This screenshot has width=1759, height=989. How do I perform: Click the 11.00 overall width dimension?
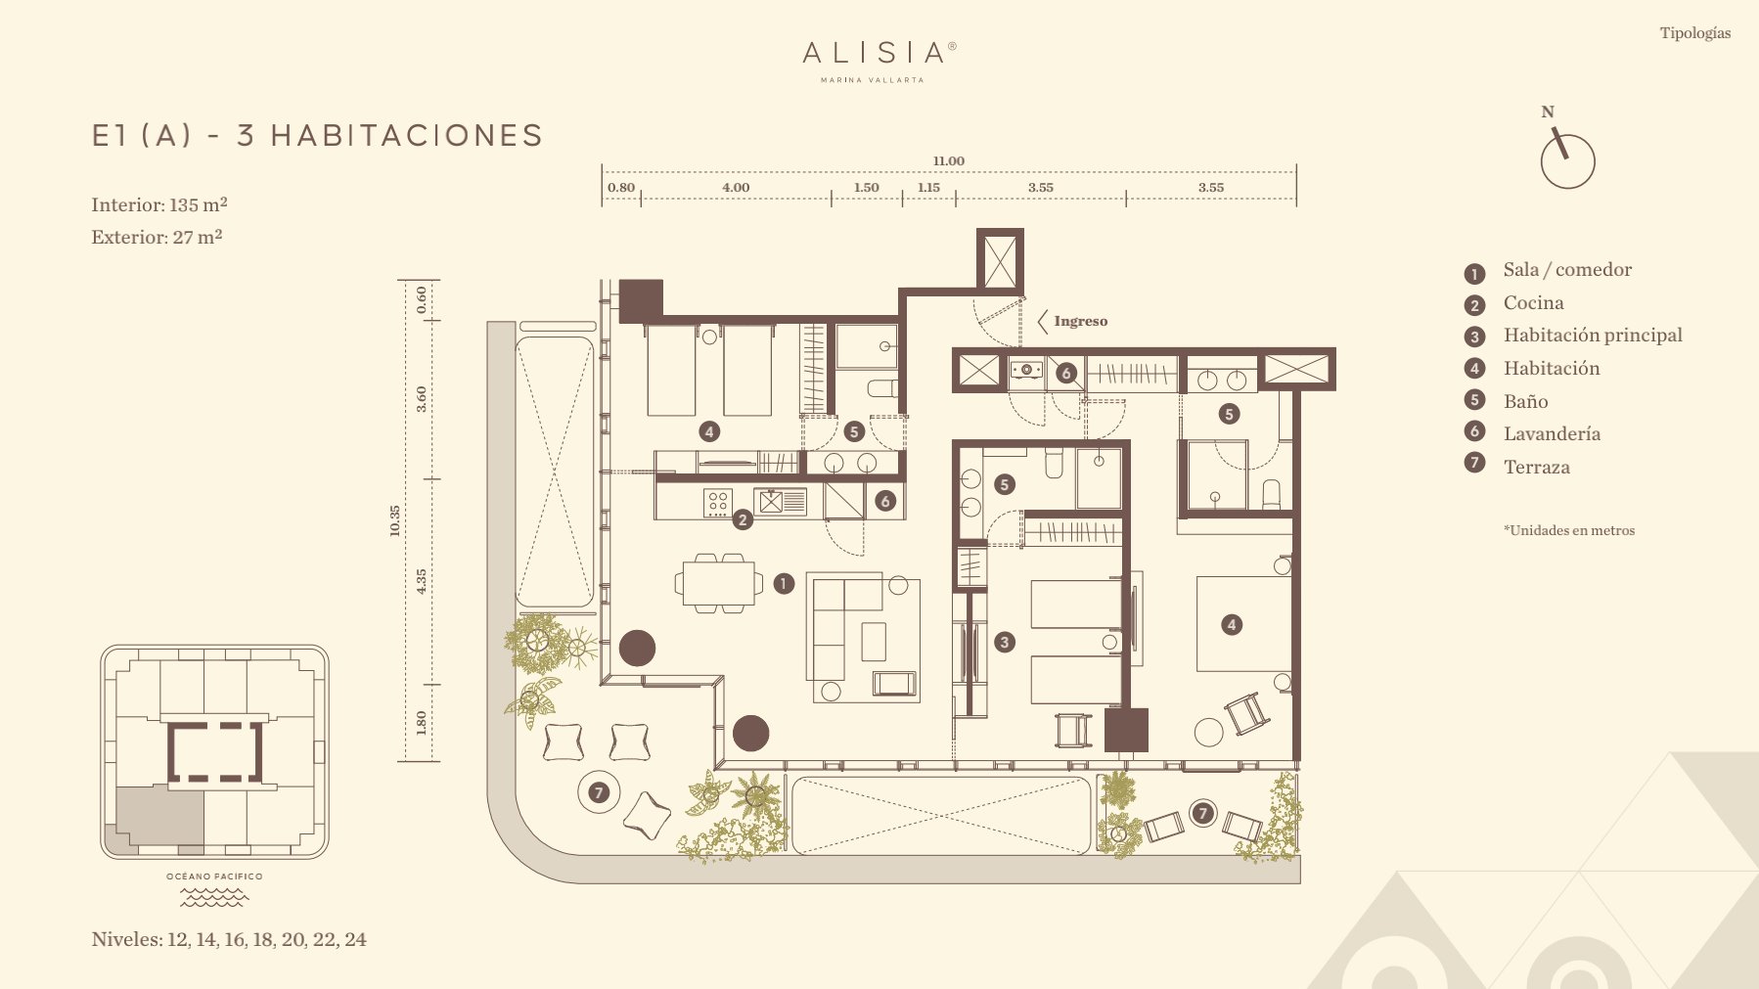948,161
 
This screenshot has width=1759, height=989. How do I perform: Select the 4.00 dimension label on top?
736,188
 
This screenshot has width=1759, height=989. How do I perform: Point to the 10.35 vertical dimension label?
395,519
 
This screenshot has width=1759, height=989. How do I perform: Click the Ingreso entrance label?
1080,321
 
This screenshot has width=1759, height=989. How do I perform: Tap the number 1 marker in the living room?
784,584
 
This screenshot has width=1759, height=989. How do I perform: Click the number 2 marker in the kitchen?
743,519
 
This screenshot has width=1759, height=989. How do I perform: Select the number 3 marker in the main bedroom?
1005,642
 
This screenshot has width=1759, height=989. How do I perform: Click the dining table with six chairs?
719,583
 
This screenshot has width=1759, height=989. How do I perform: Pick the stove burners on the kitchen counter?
717,503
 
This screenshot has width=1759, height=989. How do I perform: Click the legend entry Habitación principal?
1592,336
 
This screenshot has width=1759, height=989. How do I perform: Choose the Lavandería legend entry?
1552,433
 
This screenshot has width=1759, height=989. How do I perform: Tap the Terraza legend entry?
1536,467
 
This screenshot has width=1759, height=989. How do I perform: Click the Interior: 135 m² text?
159,204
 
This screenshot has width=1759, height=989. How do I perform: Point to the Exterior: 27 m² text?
157,237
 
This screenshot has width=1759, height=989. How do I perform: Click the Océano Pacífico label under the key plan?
214,877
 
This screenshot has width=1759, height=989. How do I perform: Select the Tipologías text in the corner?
1694,33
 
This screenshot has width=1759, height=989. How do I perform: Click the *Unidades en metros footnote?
1569,530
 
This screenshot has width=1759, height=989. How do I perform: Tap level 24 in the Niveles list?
355,939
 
